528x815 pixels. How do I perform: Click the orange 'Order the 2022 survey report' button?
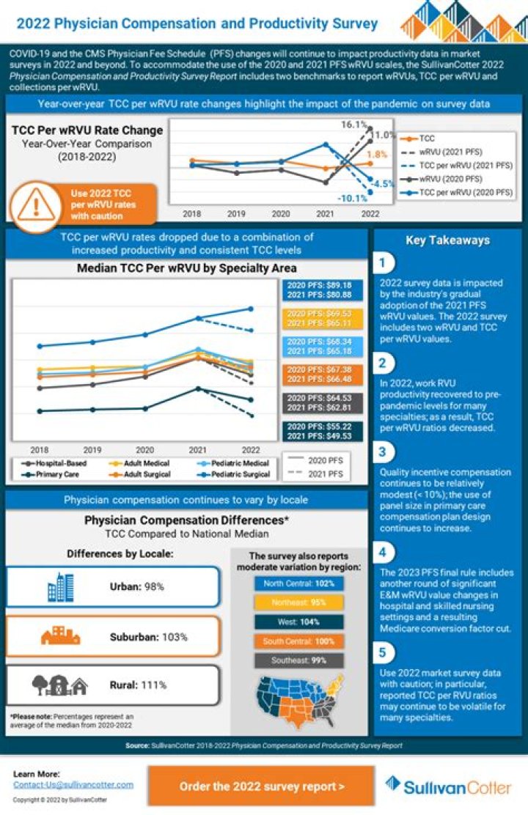[x=262, y=786]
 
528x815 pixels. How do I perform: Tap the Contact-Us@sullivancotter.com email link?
[x=73, y=784]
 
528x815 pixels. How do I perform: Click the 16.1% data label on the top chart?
[x=353, y=125]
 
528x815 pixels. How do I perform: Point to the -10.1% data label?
[x=351, y=199]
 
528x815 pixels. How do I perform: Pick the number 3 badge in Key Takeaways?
[x=383, y=451]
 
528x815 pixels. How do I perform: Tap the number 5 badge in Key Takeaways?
[x=383, y=652]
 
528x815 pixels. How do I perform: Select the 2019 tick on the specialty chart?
[x=92, y=449]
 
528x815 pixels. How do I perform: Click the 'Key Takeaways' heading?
[x=447, y=240]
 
